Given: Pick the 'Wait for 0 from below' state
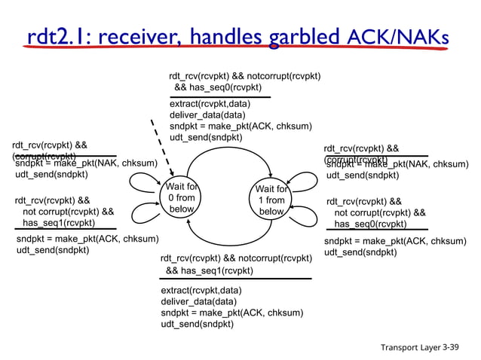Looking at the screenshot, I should tap(182, 198).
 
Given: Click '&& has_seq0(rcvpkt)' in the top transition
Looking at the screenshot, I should tap(219, 88).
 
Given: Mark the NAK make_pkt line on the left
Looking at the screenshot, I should tap(86, 163).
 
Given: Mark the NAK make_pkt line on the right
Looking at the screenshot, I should tap(397, 164).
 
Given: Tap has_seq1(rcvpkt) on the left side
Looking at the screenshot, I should tap(59, 223).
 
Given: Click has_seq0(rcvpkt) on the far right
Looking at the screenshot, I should tap(370, 224).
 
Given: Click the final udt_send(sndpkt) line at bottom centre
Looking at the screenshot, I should tap(197, 324).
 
